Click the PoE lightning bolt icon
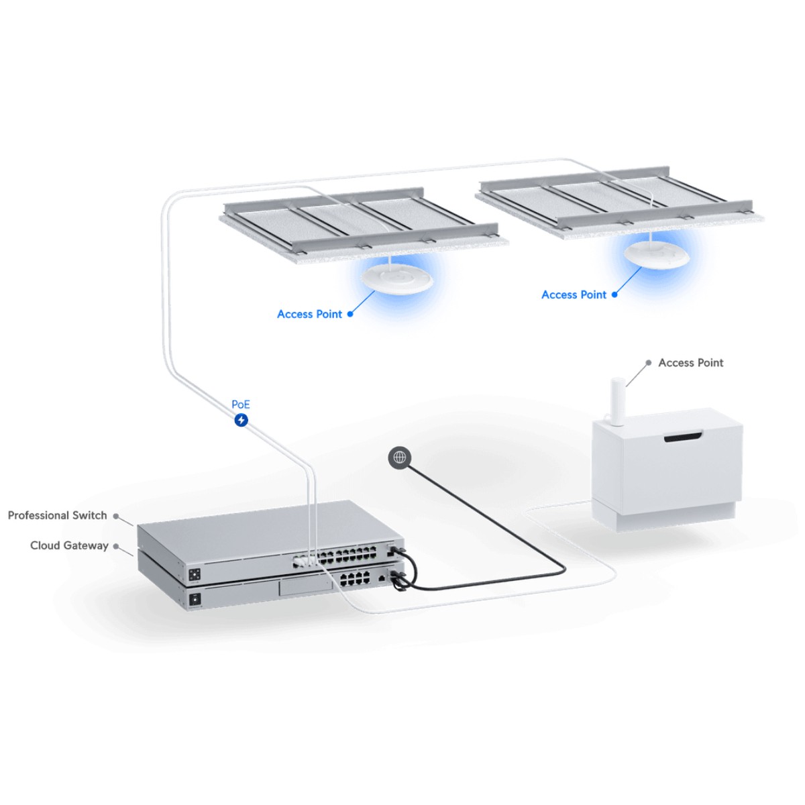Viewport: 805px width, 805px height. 241,420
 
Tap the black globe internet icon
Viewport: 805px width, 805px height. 400,458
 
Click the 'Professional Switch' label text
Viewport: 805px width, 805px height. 57,515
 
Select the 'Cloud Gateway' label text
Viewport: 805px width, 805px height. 69,545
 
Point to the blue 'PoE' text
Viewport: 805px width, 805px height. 241,405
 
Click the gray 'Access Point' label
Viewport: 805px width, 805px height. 691,363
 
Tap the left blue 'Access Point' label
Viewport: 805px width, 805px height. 309,314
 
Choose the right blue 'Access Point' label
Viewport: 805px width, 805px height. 574,294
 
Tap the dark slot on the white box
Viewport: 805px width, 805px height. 683,438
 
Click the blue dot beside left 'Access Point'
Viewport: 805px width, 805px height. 350,314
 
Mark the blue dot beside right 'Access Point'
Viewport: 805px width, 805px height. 614,294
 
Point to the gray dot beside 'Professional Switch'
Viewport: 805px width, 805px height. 116,516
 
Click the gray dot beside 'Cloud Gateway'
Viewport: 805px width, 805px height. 116,546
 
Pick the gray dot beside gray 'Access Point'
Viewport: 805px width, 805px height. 648,363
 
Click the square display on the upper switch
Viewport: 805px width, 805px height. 195,575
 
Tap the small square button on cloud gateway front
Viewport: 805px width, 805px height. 195,598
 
